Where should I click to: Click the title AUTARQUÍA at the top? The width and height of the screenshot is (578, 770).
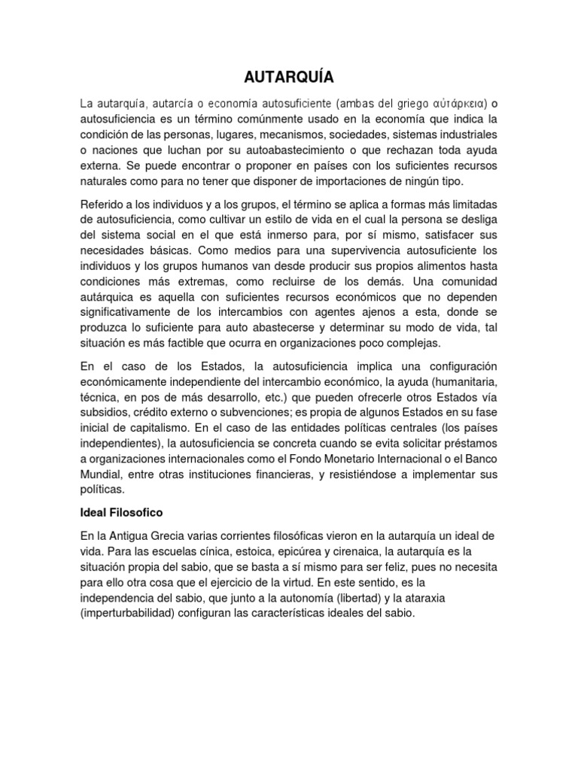click(289, 77)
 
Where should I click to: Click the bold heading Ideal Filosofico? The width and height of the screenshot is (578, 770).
click(123, 511)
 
